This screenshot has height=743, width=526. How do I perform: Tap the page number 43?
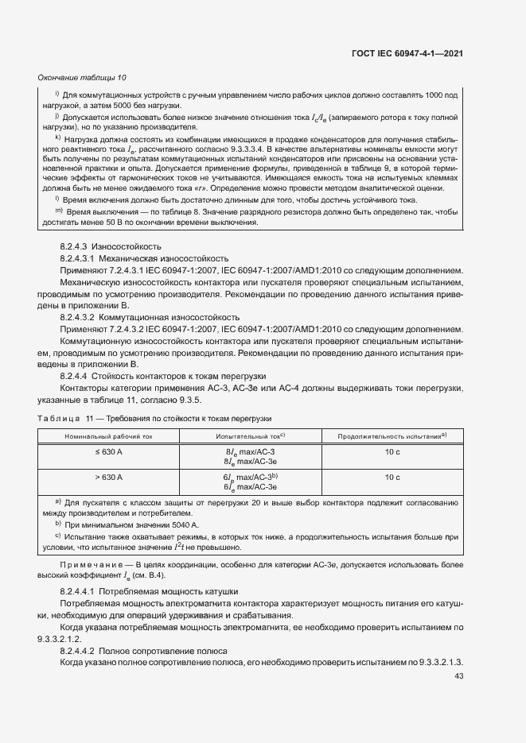point(458,676)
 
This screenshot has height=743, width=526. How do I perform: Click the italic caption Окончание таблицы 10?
point(82,77)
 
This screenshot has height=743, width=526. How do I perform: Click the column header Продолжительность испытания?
point(392,436)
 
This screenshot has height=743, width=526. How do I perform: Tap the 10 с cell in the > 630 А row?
point(392,478)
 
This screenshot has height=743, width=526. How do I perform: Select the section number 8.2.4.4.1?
point(82,593)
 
